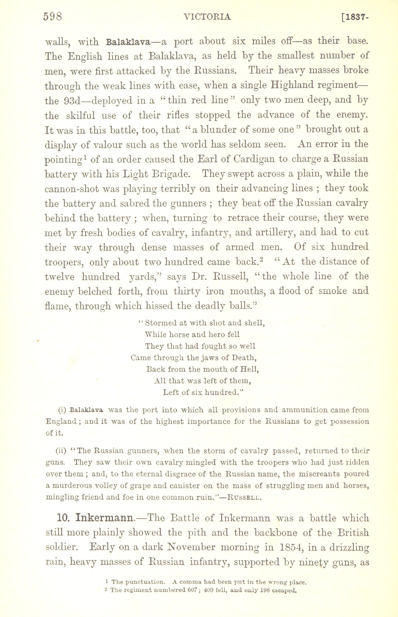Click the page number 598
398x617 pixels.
point(53,16)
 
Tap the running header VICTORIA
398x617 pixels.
point(207,17)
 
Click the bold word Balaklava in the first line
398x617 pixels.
point(127,41)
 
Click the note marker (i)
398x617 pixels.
point(62,410)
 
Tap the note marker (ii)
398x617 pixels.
point(61,451)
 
